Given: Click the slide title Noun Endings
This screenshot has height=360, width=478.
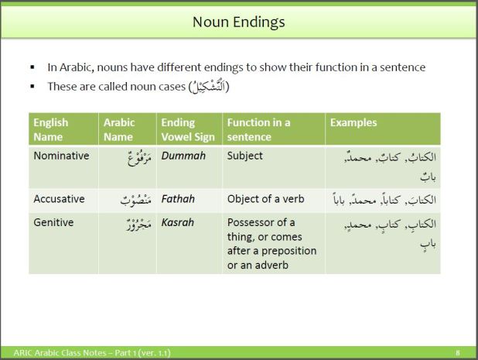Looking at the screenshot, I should [238, 22].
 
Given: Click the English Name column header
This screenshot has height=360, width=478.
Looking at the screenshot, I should [50, 129].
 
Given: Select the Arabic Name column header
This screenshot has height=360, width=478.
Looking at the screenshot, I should [119, 129].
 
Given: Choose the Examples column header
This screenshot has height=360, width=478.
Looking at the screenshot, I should [353, 122].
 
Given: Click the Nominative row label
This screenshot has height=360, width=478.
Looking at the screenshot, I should [61, 156].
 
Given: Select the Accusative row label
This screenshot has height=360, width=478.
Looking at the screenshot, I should [59, 199].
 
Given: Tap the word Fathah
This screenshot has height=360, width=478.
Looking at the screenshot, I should [178, 199].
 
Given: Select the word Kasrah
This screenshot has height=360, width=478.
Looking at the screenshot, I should [178, 222].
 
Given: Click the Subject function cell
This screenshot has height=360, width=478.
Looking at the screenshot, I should [245, 156].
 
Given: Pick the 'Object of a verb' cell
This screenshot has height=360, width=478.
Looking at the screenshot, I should [266, 199].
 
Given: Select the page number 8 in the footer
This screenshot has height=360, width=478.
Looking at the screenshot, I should [458, 354].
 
